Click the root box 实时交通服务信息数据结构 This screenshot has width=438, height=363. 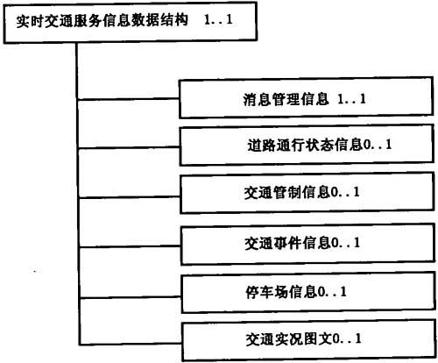(x=131, y=23)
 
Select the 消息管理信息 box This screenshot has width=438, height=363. (x=306, y=98)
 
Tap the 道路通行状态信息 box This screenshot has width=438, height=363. (x=307, y=145)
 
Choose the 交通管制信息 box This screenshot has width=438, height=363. (x=307, y=193)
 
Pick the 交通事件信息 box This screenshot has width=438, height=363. (x=307, y=244)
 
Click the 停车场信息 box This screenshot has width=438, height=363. (x=308, y=293)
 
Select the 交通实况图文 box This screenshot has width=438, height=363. (x=309, y=340)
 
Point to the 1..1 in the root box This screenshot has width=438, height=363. (x=218, y=20)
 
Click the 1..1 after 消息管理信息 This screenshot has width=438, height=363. (x=351, y=99)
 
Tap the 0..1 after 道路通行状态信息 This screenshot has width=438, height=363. (x=377, y=145)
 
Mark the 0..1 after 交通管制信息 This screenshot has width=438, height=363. (x=345, y=192)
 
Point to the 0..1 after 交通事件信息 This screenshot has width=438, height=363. (x=345, y=243)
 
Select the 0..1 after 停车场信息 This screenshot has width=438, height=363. (x=332, y=292)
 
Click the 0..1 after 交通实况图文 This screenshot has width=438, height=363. (x=347, y=339)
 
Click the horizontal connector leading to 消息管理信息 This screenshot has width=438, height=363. (x=129, y=99)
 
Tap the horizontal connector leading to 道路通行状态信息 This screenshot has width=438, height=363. (x=129, y=148)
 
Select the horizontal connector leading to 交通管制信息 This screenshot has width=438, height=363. (x=130, y=197)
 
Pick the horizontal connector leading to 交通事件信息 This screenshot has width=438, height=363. (x=130, y=247)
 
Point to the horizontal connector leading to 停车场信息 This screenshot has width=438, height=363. (x=131, y=297)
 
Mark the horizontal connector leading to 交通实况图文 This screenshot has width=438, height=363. (x=131, y=344)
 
